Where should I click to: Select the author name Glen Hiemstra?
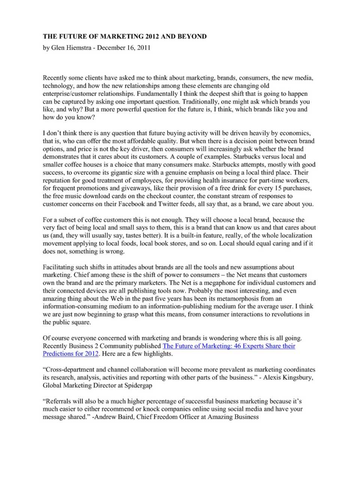(71, 48)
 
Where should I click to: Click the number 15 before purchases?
(279, 188)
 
